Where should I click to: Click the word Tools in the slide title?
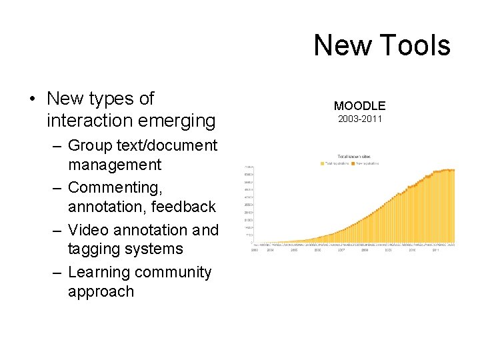coord(417,45)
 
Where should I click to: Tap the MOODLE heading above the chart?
coord(359,105)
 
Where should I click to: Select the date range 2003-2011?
coord(359,119)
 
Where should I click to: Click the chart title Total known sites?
coord(353,157)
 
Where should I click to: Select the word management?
coord(115,164)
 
